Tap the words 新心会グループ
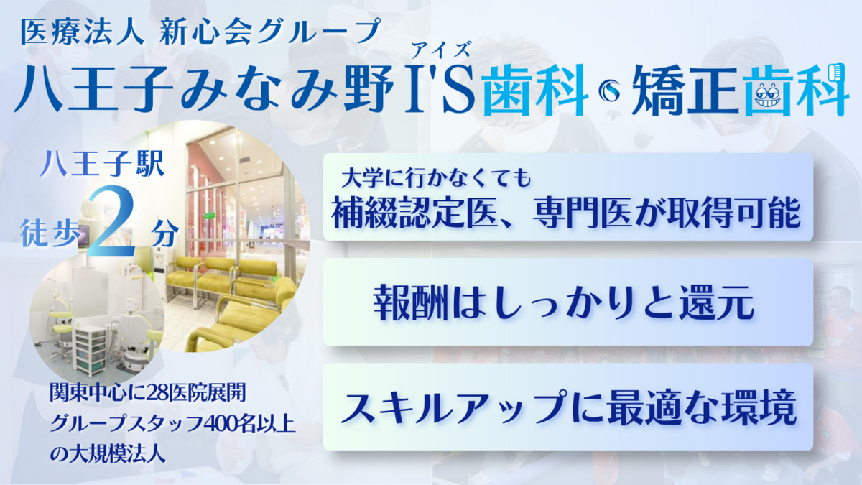pos(269,32)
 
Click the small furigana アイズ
pos(441,51)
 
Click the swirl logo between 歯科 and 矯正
pos(610,92)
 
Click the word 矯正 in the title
pos(687,91)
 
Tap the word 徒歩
pos(50,233)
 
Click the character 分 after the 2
pos(164,233)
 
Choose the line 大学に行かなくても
pos(436,178)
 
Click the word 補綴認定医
pos(414,213)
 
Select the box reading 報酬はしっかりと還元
pos(568,302)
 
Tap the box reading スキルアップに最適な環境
pos(568,407)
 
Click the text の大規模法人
pos(108,454)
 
